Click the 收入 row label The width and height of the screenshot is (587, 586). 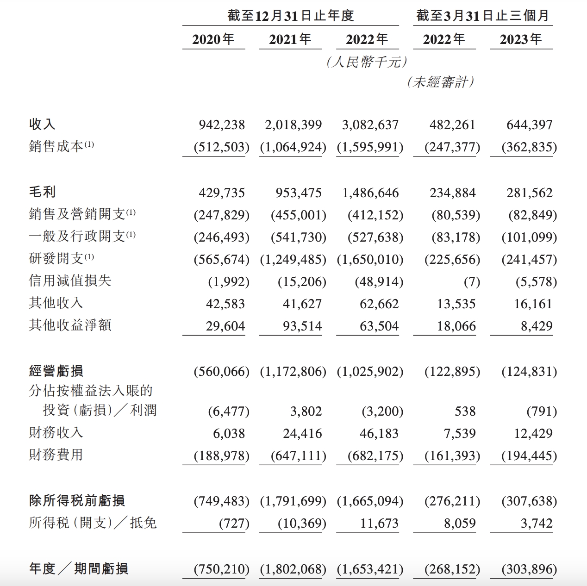tap(42, 124)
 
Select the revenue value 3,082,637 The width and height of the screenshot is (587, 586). tap(370, 125)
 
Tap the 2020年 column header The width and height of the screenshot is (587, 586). tap(213, 39)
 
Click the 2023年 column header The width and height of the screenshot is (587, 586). tap(521, 39)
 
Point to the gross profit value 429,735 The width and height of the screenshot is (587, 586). tap(222, 193)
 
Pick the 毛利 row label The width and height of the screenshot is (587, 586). tap(42, 192)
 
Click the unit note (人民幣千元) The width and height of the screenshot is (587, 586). tap(367, 62)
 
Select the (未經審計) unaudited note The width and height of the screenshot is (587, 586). tap(441, 82)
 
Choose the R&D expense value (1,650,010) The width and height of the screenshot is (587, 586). tap(370, 259)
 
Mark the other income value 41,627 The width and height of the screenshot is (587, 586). tap(302, 304)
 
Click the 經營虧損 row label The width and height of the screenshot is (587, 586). tap(56, 371)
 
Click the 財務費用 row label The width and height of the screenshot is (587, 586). tap(56, 455)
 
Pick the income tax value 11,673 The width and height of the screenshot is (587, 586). tap(379, 523)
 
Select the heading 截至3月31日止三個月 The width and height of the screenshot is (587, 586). tap(482, 16)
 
